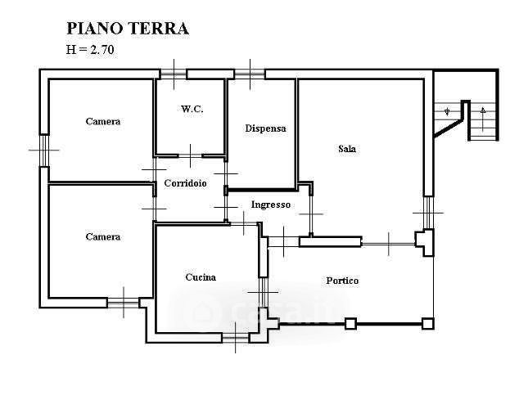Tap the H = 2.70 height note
(x=91, y=49)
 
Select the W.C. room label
(x=192, y=109)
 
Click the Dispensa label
(x=265, y=128)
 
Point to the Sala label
(x=347, y=149)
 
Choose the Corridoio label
(x=184, y=183)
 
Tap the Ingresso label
(x=270, y=205)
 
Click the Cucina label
(x=201, y=277)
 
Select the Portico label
(x=342, y=281)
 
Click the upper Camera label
(x=103, y=122)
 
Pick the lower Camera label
(x=103, y=237)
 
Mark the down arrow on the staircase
(x=447, y=110)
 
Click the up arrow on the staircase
(x=484, y=110)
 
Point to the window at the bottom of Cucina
(x=236, y=337)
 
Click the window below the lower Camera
(x=123, y=303)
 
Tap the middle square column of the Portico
(x=350, y=324)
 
